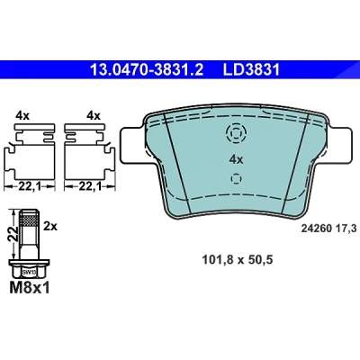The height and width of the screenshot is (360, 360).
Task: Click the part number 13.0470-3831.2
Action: click(x=147, y=70)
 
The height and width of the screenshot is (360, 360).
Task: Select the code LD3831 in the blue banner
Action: click(x=251, y=70)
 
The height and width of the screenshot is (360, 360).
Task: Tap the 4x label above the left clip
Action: click(x=22, y=116)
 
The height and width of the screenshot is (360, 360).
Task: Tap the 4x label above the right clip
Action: click(x=94, y=116)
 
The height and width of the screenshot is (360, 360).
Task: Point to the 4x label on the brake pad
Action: click(x=236, y=159)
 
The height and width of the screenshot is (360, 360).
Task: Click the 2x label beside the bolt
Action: click(x=50, y=226)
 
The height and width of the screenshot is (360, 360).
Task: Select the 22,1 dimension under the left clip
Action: click(x=30, y=187)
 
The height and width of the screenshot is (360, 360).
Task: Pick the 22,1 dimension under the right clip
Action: click(x=90, y=187)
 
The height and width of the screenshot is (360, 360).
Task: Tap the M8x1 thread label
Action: click(x=30, y=288)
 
